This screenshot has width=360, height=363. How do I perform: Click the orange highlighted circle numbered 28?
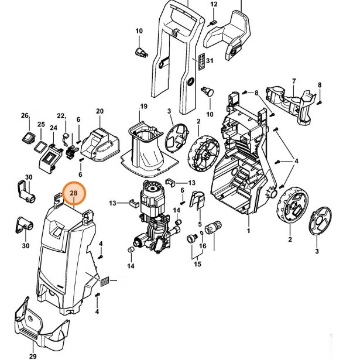point(74,193)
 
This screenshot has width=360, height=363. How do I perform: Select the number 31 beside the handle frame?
point(210,61)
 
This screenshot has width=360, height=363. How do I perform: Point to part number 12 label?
point(214,5)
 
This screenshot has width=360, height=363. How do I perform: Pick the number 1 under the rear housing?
point(249,231)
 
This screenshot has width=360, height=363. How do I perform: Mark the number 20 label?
point(100,111)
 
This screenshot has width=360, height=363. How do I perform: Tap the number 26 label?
point(25,115)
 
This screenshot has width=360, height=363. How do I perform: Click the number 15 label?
point(197,265)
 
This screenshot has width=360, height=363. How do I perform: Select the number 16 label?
point(203,246)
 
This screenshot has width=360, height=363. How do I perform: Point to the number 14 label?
point(131,266)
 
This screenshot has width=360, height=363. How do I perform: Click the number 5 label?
point(200,224)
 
